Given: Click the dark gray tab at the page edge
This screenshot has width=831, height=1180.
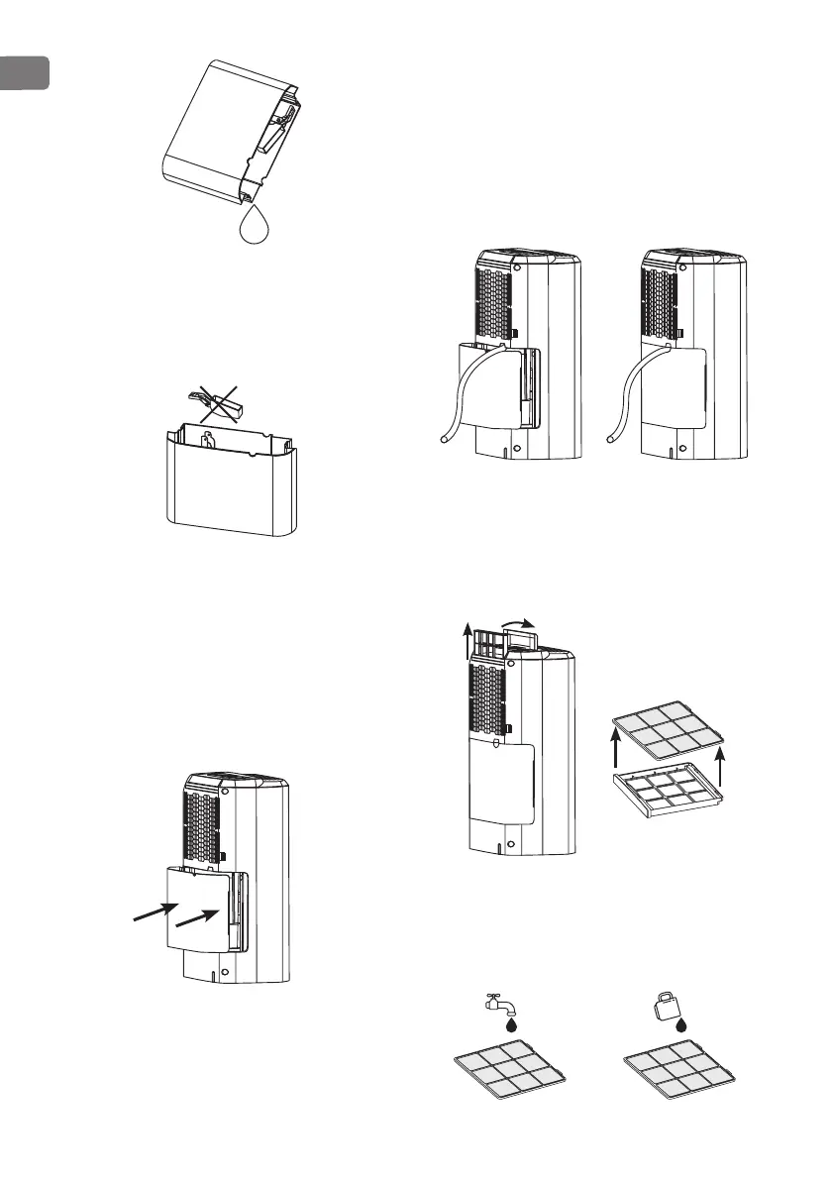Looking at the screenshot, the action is point(24,73).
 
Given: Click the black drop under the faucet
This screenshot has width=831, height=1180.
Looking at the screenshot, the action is point(512,1026).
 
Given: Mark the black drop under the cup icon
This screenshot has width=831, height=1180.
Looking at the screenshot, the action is point(681,1026).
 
